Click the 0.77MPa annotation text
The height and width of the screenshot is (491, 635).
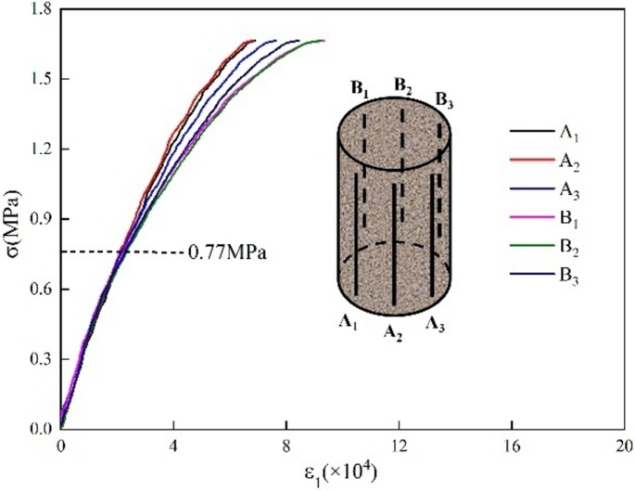[227, 252]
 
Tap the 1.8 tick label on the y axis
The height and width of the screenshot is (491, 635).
[37, 8]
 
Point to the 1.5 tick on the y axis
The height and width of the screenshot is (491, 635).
[37, 79]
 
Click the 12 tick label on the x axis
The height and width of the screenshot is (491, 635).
[398, 446]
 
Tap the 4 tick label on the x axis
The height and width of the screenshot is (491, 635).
[173, 446]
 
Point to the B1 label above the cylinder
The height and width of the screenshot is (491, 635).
[360, 89]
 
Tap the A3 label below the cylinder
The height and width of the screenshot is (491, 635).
[437, 324]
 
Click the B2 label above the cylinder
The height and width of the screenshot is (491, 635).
[403, 85]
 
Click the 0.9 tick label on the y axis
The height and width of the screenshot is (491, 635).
[37, 219]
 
